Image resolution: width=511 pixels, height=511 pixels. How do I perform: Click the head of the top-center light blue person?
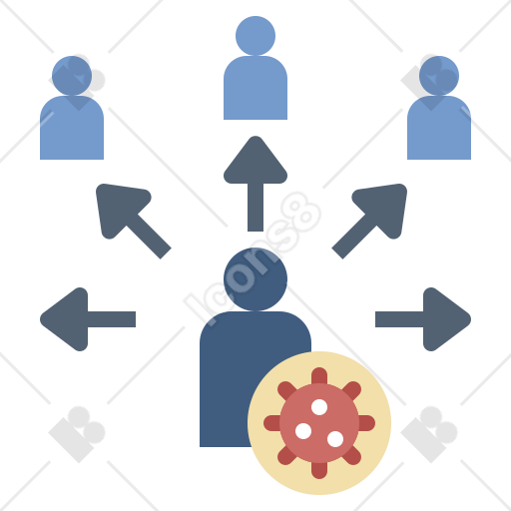click(x=255, y=36)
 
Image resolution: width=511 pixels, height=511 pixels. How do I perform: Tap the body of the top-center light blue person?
click(x=255, y=88)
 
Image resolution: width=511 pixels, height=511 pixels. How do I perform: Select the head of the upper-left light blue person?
click(x=72, y=76)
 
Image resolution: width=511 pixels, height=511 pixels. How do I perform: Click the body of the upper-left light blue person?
click(x=72, y=128)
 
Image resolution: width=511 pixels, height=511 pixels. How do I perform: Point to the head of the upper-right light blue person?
click(x=439, y=76)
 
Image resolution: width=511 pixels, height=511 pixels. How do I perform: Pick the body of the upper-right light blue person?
click(x=439, y=128)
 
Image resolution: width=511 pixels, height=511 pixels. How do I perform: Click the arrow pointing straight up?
click(x=255, y=184)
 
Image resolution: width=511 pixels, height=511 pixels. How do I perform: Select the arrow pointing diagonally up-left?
click(x=133, y=221)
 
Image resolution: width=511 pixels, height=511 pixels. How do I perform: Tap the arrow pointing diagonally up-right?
click(x=369, y=221)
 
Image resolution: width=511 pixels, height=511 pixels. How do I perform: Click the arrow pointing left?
click(x=88, y=319)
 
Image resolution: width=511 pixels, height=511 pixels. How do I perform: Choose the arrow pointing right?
click(x=423, y=319)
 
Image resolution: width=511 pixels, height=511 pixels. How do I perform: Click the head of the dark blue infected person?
click(x=255, y=279)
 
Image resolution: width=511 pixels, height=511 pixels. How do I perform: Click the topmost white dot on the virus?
click(x=319, y=407)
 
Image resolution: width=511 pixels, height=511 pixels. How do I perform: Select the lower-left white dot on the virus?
click(x=303, y=431)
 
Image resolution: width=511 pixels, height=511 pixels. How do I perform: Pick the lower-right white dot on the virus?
click(x=335, y=439)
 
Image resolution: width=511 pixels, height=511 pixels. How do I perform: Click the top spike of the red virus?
click(x=319, y=376)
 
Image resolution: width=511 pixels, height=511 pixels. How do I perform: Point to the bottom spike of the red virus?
click(x=319, y=470)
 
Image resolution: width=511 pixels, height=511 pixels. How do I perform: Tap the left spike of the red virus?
click(x=272, y=423)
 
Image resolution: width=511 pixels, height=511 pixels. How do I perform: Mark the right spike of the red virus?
click(x=366, y=423)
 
